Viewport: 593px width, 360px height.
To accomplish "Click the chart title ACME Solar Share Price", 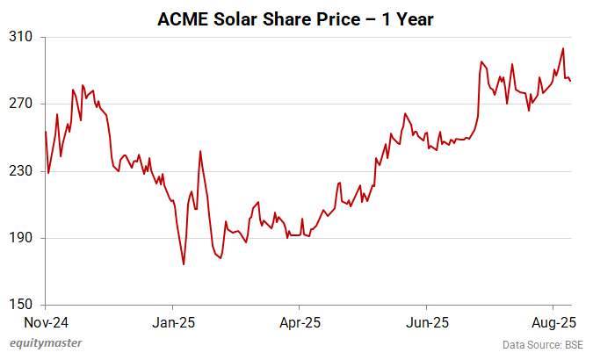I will click(x=295, y=17).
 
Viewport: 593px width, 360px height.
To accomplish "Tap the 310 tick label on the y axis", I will click(x=22, y=37).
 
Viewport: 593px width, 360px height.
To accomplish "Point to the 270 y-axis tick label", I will click(x=22, y=104).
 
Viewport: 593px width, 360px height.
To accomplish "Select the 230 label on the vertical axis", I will click(x=22, y=171).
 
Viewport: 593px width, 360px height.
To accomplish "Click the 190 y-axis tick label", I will click(x=22, y=238).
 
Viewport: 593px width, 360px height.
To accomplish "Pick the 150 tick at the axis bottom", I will click(x=22, y=305).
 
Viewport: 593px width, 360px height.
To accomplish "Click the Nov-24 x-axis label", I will click(x=46, y=321).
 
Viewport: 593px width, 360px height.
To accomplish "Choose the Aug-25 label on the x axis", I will click(x=553, y=321).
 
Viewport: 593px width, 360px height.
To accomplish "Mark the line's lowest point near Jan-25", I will click(x=184, y=264).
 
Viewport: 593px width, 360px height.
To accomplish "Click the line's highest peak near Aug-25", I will click(x=562, y=48).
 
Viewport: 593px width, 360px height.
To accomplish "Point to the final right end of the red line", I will click(x=570, y=82).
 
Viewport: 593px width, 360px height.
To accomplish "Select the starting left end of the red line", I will click(x=46, y=132).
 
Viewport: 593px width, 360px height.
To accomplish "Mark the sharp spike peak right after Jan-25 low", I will click(x=200, y=151).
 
